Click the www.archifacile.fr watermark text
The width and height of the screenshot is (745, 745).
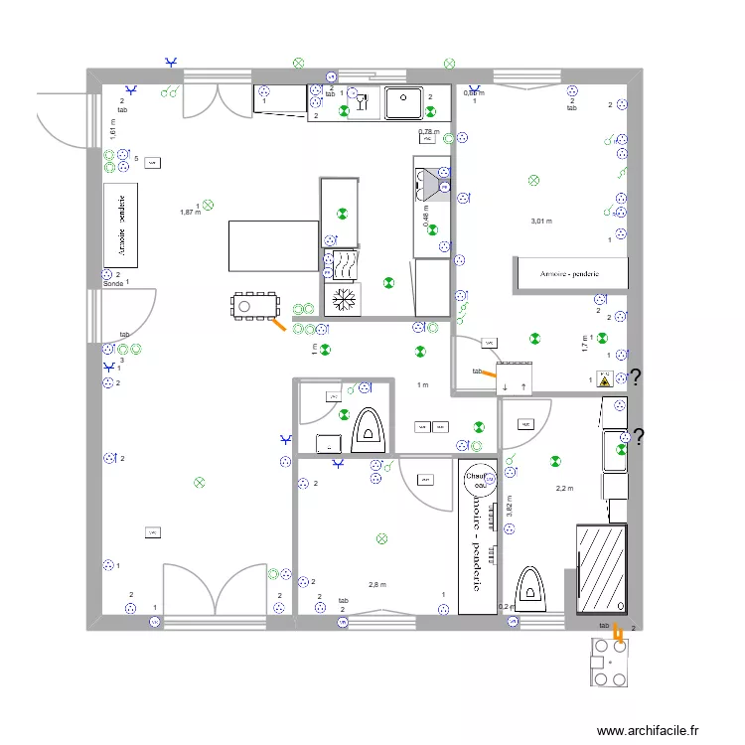(x=649, y=730)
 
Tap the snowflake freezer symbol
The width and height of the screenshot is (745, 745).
(x=343, y=299)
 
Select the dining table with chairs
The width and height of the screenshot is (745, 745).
(x=256, y=305)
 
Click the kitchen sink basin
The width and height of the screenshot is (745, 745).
(x=404, y=97)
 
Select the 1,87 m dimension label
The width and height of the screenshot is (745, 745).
(x=190, y=212)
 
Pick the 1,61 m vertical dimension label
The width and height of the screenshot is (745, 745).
(x=113, y=128)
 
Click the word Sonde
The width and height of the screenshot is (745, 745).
(x=113, y=284)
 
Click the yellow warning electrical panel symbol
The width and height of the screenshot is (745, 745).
(x=604, y=377)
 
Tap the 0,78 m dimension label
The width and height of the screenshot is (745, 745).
(x=428, y=132)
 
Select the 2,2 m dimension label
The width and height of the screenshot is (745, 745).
(x=564, y=489)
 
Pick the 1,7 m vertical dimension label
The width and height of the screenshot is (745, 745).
(x=585, y=343)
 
